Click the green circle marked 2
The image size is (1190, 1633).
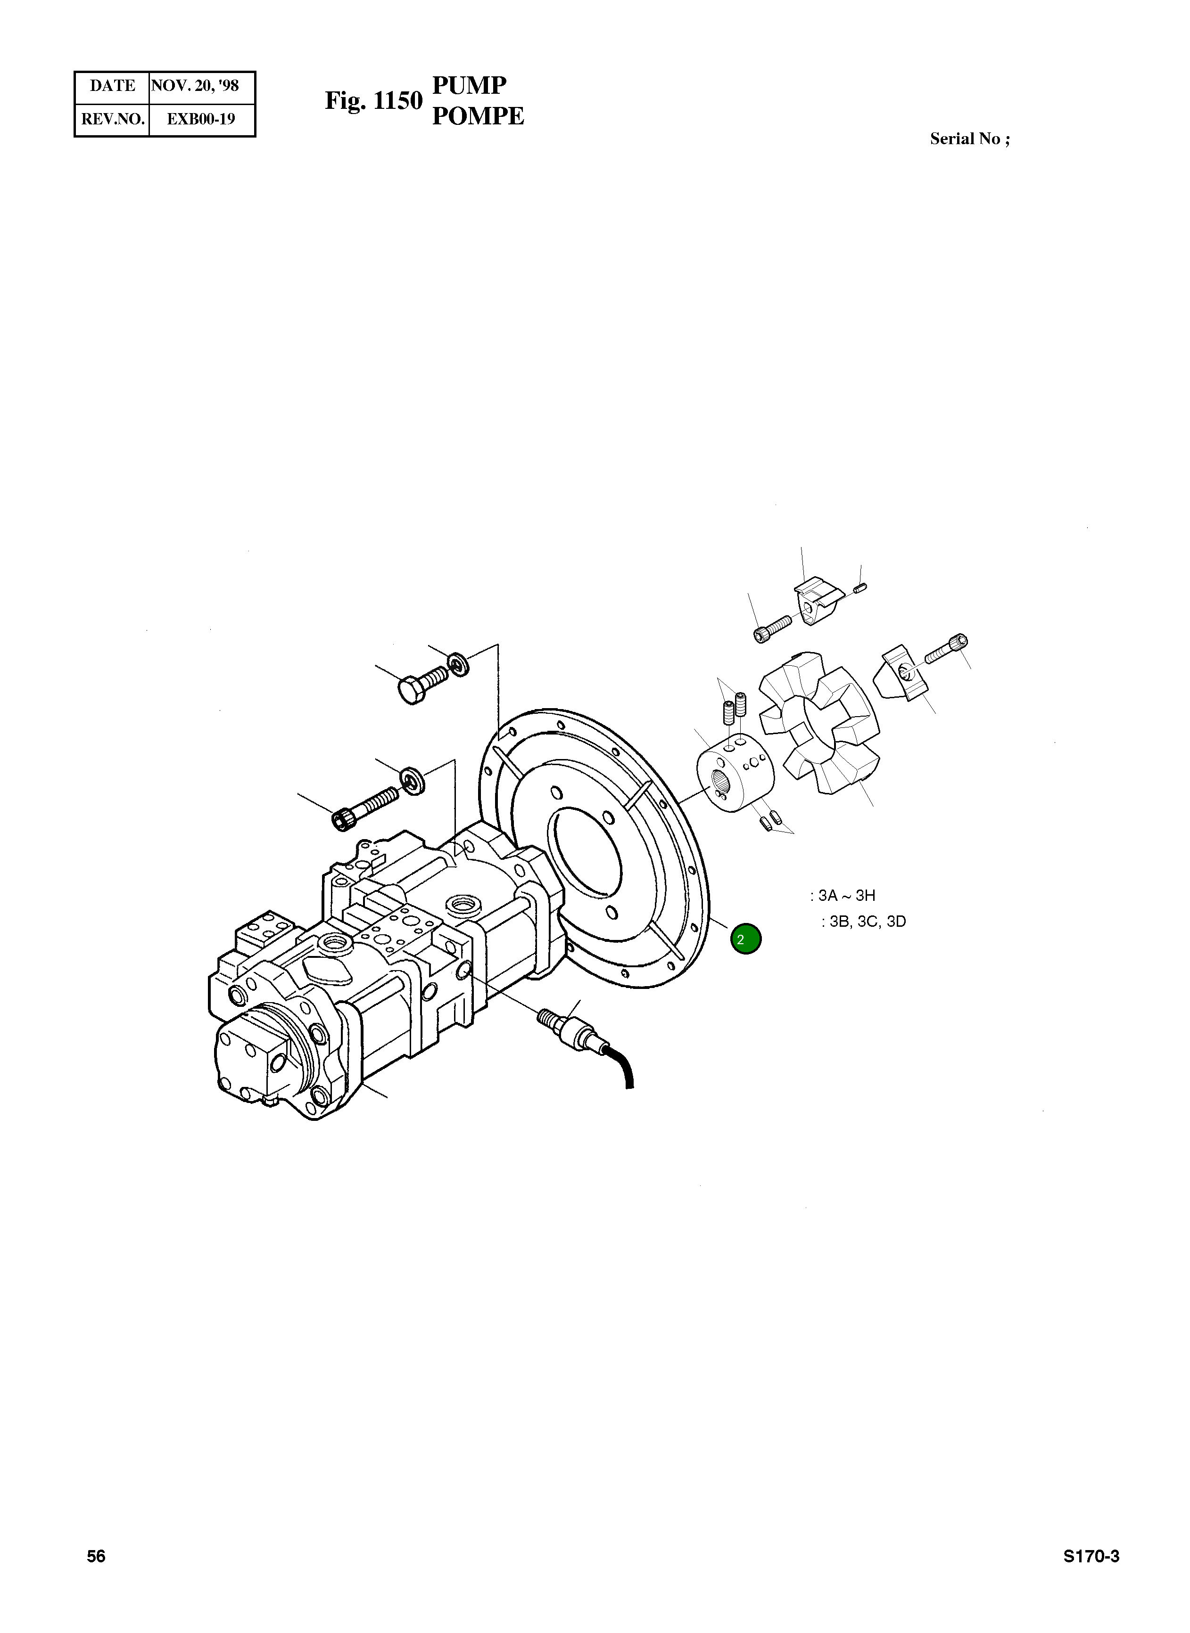coord(745,939)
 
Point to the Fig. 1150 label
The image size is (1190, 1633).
coord(373,101)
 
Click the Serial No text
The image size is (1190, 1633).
coord(969,139)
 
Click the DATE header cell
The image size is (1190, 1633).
coord(112,86)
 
